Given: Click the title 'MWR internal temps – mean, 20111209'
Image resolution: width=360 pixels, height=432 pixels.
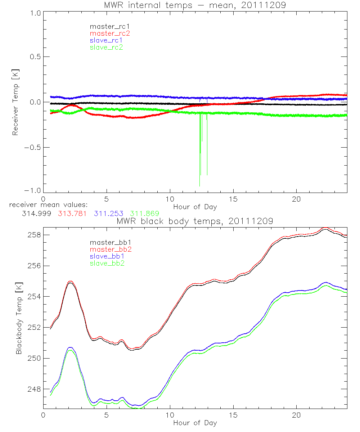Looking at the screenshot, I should point(195,5).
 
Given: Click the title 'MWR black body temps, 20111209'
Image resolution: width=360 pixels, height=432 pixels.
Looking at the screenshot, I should point(195,221).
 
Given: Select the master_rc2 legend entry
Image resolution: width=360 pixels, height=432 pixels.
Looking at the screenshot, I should point(110,33).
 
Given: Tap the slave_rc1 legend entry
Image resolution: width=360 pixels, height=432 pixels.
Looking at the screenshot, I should point(106,40).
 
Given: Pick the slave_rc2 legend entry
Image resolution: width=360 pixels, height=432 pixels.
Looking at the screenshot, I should point(106,47).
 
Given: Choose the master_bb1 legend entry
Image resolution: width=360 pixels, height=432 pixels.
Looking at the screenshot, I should point(108,243).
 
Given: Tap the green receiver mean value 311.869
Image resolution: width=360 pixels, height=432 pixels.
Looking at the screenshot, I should point(145,213).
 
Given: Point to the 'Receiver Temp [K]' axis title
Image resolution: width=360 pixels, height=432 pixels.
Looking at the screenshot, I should point(15,102).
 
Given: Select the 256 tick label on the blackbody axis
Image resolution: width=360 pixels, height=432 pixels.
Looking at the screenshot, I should point(34,266).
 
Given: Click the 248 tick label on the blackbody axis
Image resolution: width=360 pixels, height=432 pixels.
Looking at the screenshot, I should point(34,389).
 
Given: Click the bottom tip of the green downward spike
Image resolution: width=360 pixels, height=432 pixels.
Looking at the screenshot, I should point(199,186).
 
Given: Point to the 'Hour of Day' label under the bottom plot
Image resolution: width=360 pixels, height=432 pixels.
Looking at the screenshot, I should point(195,423).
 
